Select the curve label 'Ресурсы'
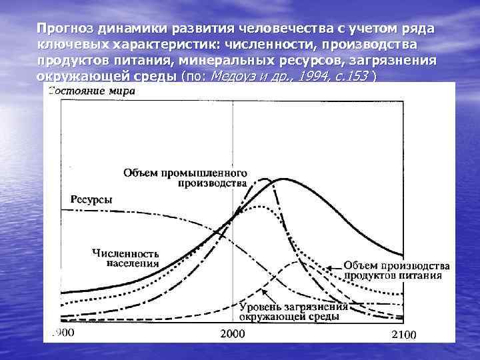(91, 199)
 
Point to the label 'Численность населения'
(125, 258)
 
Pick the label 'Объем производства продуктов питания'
(397, 271)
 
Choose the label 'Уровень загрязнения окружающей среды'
(293, 312)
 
